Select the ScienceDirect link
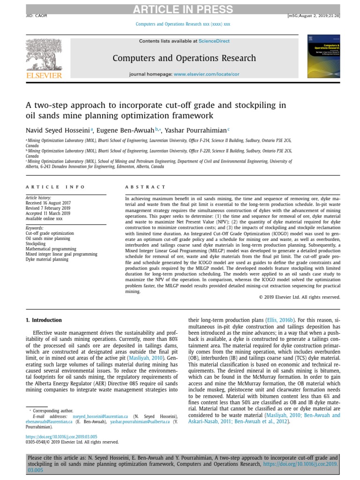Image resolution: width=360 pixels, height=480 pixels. [x=214, y=41]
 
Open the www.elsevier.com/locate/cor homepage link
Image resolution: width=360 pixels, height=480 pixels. [x=206, y=75]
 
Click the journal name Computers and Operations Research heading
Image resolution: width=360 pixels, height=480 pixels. [x=184, y=58]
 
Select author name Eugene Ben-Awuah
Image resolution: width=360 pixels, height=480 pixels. [x=126, y=131]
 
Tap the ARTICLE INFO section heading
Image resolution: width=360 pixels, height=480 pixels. [x=55, y=187]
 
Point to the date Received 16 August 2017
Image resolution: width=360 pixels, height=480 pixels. [x=47, y=203]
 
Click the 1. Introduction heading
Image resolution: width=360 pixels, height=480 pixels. [x=44, y=320]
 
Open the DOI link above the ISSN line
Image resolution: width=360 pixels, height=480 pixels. [x=61, y=436]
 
